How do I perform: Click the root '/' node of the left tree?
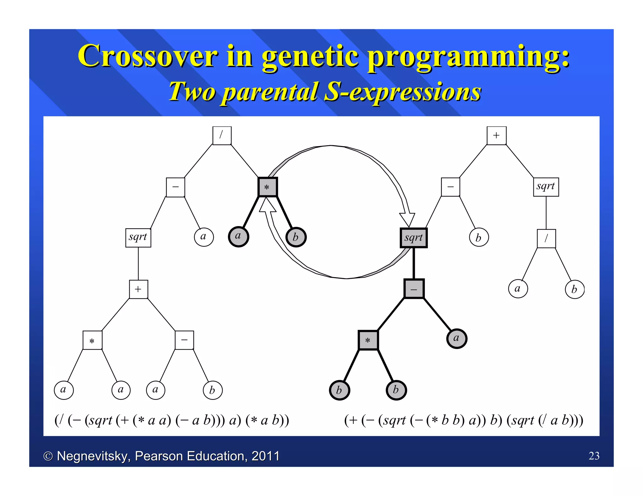point(222,135)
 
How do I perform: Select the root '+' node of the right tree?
point(496,135)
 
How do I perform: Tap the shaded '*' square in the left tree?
point(267,187)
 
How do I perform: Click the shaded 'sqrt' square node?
point(413,238)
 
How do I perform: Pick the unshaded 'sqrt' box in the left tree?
point(138,238)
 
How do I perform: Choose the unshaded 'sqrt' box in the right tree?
point(546,187)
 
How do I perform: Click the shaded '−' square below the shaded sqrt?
point(414,289)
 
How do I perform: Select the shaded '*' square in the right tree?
point(368,340)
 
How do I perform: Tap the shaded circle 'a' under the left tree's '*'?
point(238,237)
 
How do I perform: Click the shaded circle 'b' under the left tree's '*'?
point(296,237)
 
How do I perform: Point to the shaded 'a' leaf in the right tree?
point(457,339)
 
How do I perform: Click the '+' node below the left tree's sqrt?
point(138,289)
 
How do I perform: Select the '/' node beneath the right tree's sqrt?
point(546,239)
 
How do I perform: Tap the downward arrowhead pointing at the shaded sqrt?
point(408,219)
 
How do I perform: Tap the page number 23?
point(594,456)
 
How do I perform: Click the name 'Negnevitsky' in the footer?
point(93,456)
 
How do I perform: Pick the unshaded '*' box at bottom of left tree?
point(92,340)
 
